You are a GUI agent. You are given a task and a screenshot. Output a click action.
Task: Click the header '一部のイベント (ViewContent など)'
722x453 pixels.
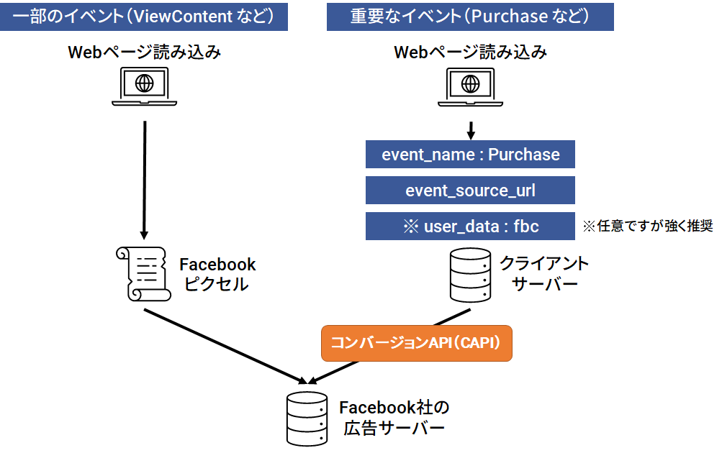click(144, 16)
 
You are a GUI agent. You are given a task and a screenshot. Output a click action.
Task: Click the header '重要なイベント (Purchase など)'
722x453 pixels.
click(470, 16)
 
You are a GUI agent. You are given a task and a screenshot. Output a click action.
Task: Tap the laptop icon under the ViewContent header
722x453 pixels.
click(145, 87)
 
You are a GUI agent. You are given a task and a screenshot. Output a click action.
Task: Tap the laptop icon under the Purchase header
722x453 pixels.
click(471, 87)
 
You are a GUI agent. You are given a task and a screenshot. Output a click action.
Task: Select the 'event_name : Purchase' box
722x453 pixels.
click(470, 155)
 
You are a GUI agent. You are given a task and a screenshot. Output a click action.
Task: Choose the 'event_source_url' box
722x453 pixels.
click(470, 191)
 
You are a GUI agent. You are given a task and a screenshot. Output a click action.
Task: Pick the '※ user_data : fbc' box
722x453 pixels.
click(470, 226)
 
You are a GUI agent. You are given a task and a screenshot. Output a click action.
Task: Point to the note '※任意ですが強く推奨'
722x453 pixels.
click(647, 226)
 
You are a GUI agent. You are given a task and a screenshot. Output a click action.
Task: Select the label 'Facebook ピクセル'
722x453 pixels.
click(217, 274)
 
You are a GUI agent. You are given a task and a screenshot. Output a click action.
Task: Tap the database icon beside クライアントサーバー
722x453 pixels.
click(471, 275)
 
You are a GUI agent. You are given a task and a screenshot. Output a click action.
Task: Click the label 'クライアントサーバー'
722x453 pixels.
click(544, 274)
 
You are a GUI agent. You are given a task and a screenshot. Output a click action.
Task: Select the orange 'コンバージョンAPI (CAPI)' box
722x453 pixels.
click(416, 343)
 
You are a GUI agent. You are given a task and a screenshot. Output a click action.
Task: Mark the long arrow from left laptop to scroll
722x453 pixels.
click(145, 180)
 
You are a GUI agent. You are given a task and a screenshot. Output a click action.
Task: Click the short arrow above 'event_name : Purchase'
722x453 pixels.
click(471, 130)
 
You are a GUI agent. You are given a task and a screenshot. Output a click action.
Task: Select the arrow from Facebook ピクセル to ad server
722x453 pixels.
click(223, 345)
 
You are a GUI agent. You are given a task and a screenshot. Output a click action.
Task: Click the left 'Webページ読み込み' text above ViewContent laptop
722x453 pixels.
click(144, 52)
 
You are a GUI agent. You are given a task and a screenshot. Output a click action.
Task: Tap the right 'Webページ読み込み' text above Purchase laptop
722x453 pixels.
click(470, 52)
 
